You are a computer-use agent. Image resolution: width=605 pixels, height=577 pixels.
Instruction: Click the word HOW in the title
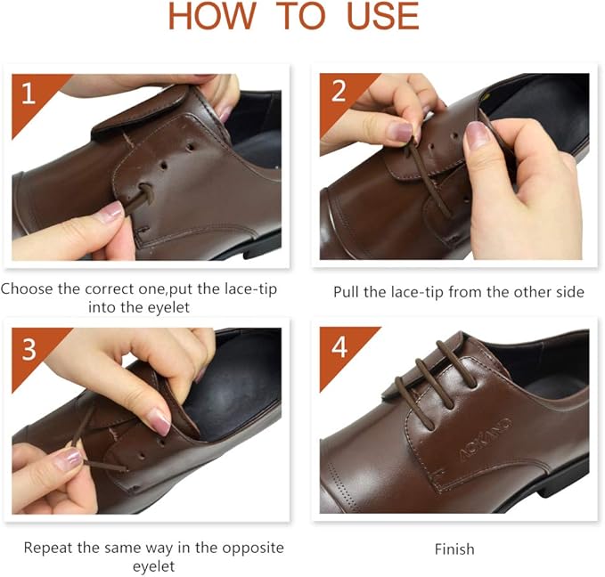pyautogui.click(x=207, y=16)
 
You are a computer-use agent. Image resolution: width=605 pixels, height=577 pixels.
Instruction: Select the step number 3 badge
pyautogui.click(x=29, y=349)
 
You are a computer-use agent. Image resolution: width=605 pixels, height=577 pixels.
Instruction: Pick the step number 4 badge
pyautogui.click(x=338, y=348)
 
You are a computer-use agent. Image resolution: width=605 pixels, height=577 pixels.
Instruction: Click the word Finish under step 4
pyautogui.click(x=454, y=549)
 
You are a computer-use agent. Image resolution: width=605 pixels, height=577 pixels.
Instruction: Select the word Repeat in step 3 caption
pyautogui.click(x=47, y=547)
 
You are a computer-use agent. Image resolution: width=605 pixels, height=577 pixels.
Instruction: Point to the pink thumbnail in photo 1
pyautogui.click(x=110, y=211)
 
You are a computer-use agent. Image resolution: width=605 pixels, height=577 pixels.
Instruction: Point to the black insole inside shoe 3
pyautogui.click(x=236, y=392)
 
